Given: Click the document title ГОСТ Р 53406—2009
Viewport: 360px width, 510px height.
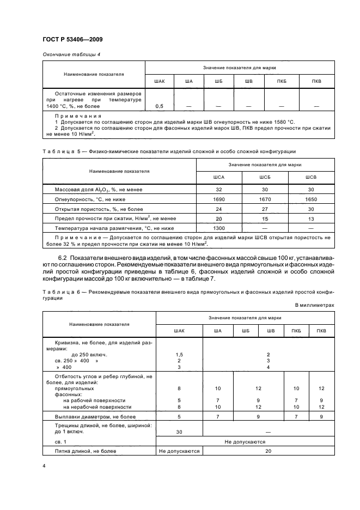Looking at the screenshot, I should [72, 39].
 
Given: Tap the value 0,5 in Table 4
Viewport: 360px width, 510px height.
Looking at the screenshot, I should [160, 105].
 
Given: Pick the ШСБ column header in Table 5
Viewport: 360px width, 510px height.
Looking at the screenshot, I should [265, 177].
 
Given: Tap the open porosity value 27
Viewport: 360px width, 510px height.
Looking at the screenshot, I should [265, 209].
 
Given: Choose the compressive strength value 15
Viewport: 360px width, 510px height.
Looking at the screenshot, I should [265, 218].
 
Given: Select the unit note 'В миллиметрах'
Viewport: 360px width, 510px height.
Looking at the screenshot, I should [314, 305].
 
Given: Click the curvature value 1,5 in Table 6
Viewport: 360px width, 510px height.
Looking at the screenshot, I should [179, 354].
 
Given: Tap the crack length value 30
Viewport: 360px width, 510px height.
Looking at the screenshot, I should [179, 432].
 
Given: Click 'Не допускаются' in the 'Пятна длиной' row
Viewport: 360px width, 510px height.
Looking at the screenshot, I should [179, 451].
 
